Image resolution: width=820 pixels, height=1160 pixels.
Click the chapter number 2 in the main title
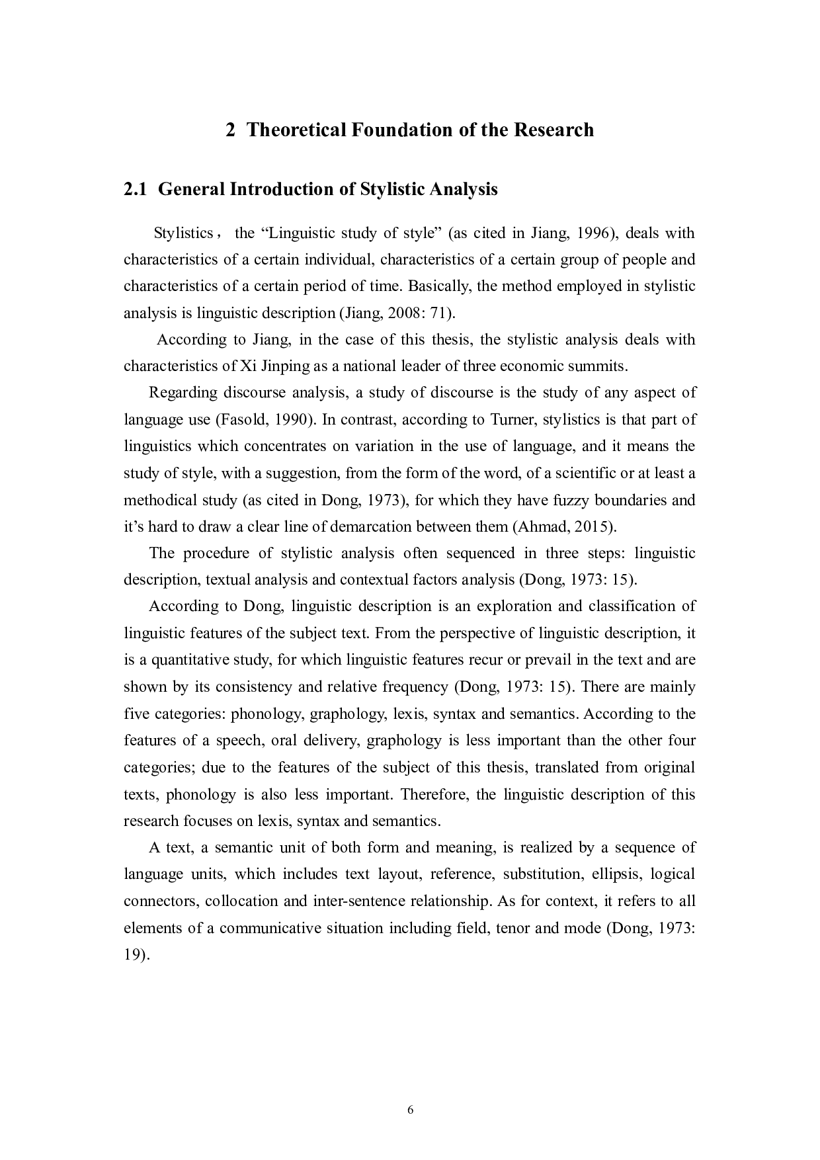[x=230, y=130]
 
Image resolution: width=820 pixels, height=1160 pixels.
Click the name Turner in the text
[x=510, y=420]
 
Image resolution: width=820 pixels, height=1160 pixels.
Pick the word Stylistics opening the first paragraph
[x=183, y=233]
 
